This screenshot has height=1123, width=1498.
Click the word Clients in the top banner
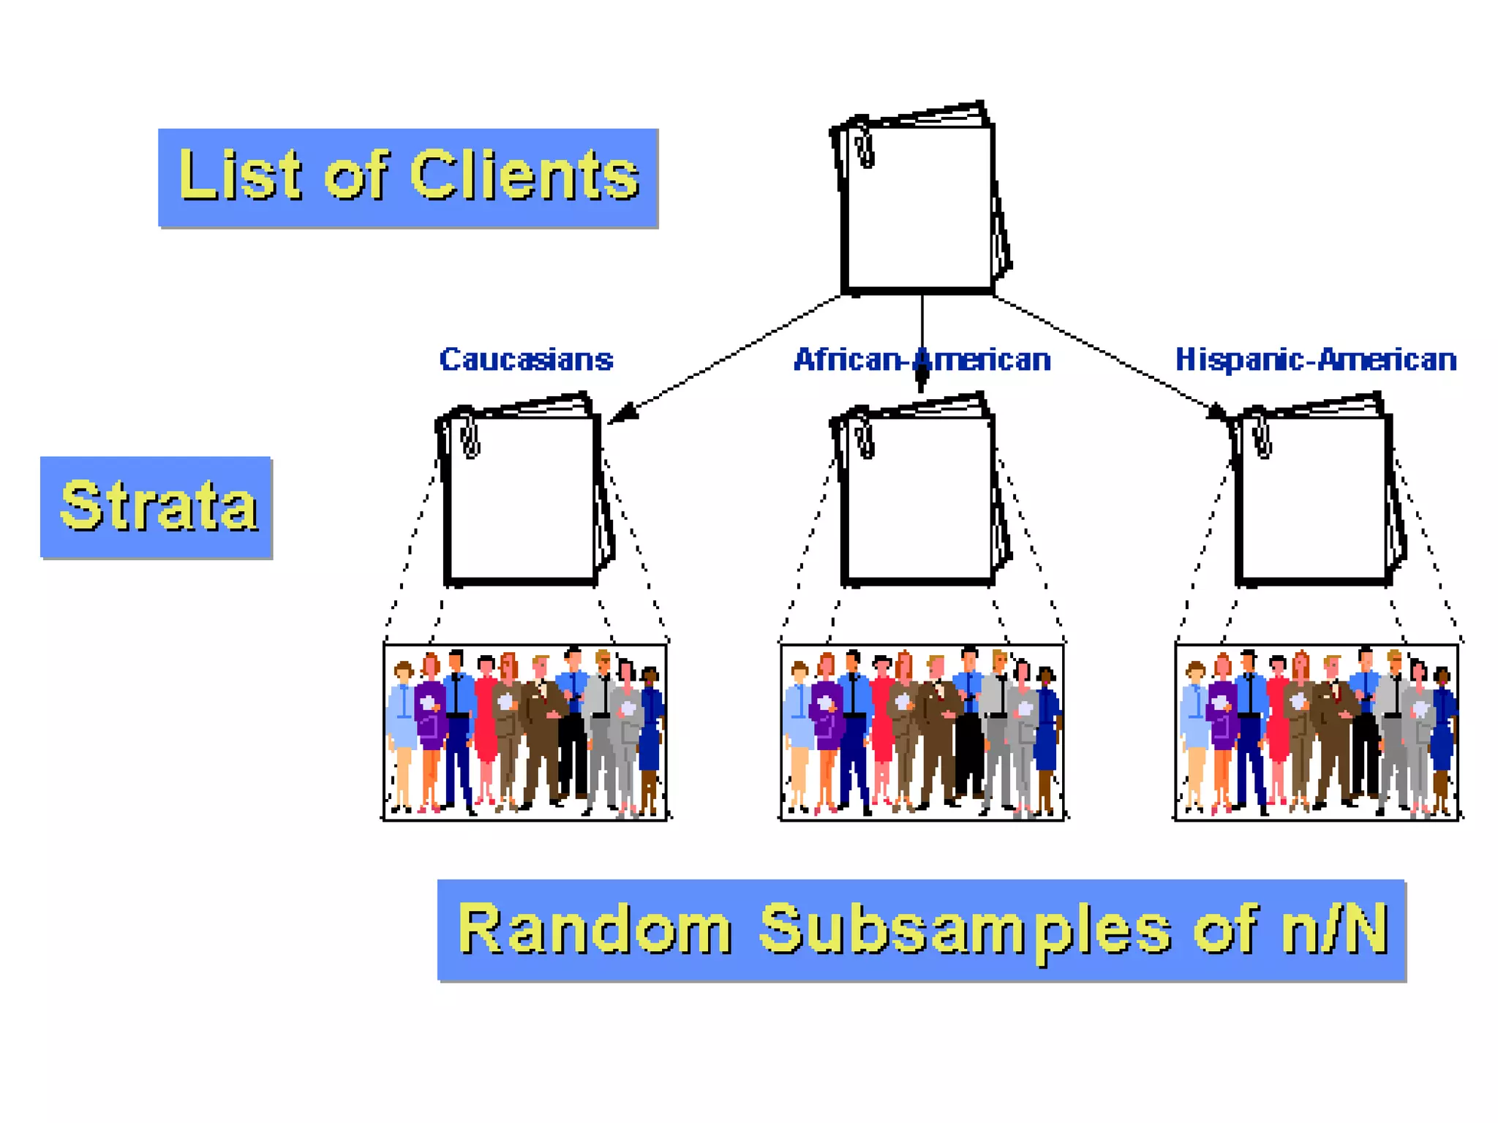coord(524,175)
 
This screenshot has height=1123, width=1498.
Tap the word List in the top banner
coord(239,175)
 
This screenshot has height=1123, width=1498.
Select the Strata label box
coord(157,507)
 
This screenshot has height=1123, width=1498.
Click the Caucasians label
coord(526,360)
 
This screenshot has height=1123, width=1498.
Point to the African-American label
coord(922,360)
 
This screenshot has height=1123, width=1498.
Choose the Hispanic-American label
coord(1315,360)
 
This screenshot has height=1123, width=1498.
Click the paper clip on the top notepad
coord(865,148)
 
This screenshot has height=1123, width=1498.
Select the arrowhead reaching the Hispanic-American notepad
coord(1218,413)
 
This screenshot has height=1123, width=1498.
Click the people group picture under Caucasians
coord(525,732)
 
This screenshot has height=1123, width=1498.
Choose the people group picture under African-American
coord(922,732)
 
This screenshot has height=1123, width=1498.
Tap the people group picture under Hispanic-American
coord(1317,732)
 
